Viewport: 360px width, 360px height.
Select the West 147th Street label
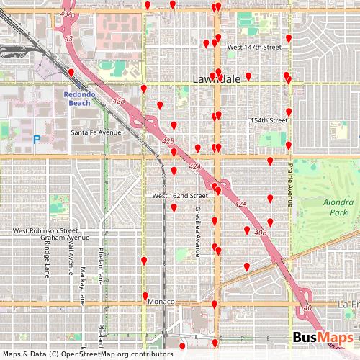point(253,47)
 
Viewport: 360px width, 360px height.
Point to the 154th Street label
point(269,120)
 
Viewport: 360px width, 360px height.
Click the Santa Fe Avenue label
point(96,132)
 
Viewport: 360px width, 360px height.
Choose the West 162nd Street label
point(180,196)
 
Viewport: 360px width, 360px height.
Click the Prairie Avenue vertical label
point(291,185)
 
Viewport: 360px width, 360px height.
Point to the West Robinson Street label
point(45,231)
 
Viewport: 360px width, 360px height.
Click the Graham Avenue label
point(65,238)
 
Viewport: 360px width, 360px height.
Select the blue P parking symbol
point(36,138)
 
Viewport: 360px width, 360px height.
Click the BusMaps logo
point(323,338)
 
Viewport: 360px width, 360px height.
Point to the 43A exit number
point(67,14)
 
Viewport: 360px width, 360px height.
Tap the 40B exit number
point(261,233)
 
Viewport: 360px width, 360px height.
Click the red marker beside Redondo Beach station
point(71,73)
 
